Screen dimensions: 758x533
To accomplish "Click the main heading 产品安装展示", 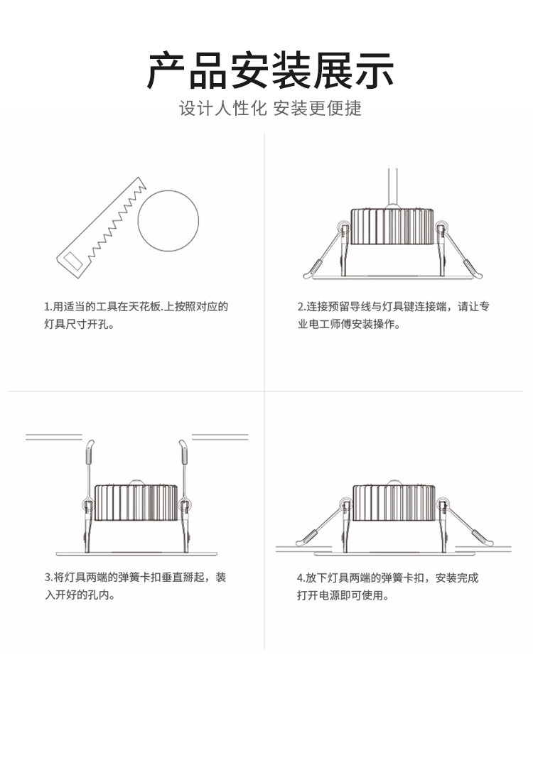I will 270,70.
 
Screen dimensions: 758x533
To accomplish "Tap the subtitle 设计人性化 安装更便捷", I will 270,109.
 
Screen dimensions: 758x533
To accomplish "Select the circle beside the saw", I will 168,220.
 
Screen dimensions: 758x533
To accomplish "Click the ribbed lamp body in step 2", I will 392,226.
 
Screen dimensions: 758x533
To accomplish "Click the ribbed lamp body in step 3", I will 136,503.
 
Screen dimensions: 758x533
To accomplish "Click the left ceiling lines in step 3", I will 54,437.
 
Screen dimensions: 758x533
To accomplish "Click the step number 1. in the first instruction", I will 48,307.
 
